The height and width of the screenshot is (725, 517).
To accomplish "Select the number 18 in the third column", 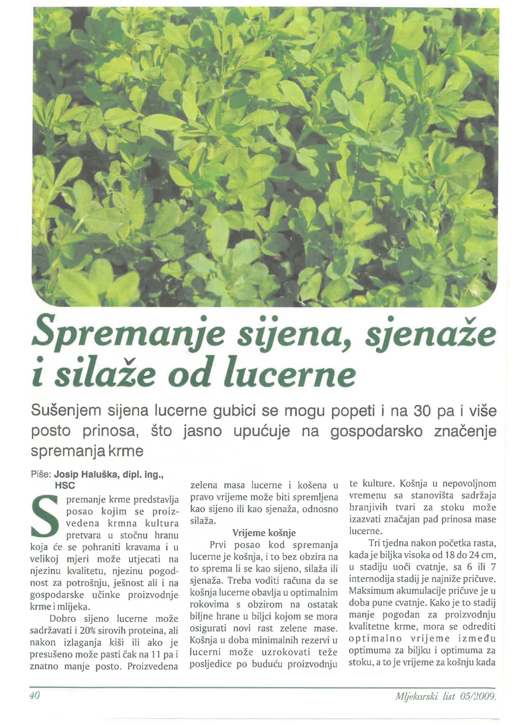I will (x=451, y=555).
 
